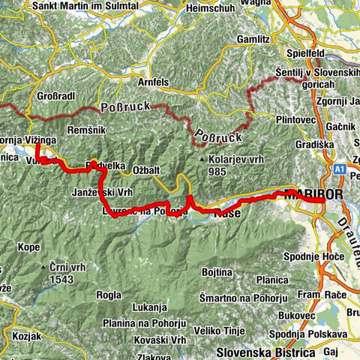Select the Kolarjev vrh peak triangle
tap(202, 160)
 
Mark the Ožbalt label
tap(148, 169)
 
